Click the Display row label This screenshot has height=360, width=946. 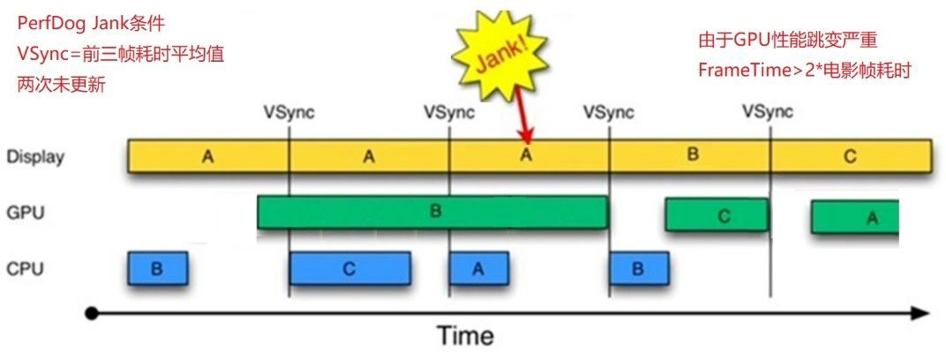click(x=34, y=157)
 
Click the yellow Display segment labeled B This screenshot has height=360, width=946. click(x=691, y=155)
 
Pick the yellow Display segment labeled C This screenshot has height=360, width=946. click(x=850, y=155)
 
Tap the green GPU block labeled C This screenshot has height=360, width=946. click(x=716, y=214)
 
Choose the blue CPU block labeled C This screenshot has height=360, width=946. click(x=349, y=269)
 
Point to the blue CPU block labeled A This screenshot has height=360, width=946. click(x=478, y=269)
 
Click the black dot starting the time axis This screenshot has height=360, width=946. click(x=90, y=312)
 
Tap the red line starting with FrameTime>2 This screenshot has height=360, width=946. click(x=803, y=69)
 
